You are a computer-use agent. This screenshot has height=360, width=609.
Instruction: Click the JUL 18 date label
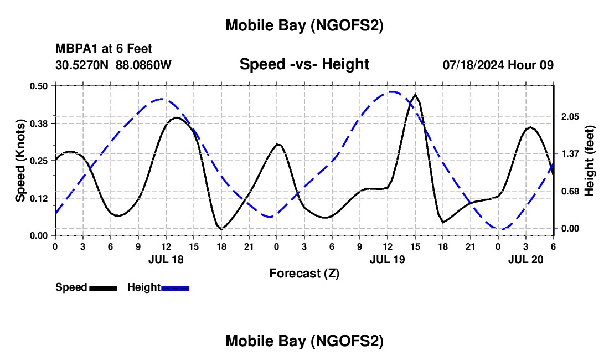coord(166,259)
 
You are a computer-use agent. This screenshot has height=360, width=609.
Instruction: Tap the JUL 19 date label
coord(387,259)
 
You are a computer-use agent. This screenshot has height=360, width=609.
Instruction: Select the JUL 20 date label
coord(525,259)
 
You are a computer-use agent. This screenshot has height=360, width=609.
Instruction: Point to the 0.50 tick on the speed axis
coord(39,86)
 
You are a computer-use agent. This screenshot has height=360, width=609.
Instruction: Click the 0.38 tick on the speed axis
coord(39,123)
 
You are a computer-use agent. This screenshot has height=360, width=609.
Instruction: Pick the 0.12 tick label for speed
coord(39,198)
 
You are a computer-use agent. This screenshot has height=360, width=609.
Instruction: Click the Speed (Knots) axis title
coord(20,160)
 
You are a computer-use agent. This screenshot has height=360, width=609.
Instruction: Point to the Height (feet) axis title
coord(589,160)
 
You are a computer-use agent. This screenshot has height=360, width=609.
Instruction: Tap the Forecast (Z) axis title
coord(304,273)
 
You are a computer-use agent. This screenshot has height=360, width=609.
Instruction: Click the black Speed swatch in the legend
coord(102,287)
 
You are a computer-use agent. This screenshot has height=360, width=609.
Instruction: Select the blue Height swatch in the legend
coord(175,287)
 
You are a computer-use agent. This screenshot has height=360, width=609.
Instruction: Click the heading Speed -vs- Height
coord(304,64)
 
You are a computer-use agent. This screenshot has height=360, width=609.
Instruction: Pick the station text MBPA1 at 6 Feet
coord(104,49)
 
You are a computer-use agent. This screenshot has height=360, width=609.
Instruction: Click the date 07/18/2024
coord(473,65)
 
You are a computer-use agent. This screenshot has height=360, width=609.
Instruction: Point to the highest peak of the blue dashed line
coord(392,92)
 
